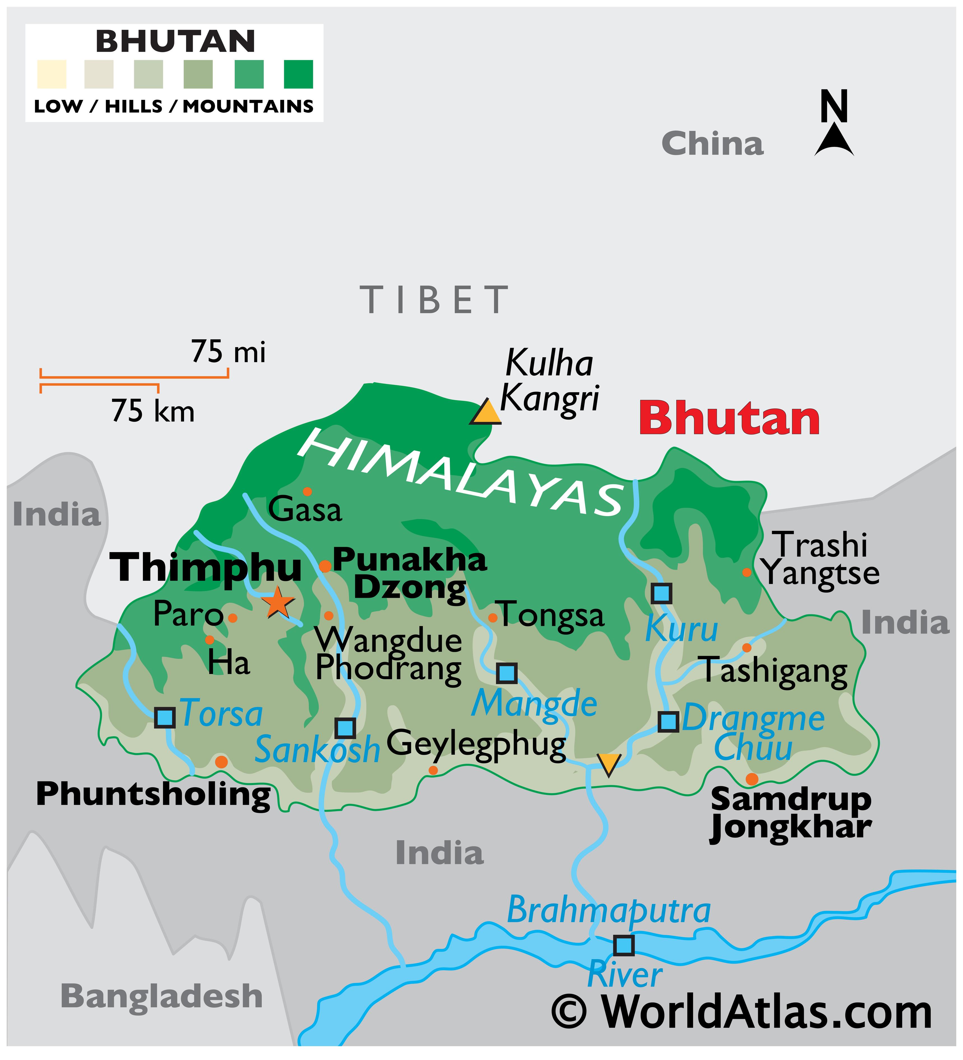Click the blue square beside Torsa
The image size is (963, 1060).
(164, 717)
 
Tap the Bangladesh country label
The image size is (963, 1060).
(161, 996)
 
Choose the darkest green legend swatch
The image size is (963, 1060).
(298, 74)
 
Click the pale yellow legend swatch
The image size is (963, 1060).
(52, 74)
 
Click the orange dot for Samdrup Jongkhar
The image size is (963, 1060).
(752, 779)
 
